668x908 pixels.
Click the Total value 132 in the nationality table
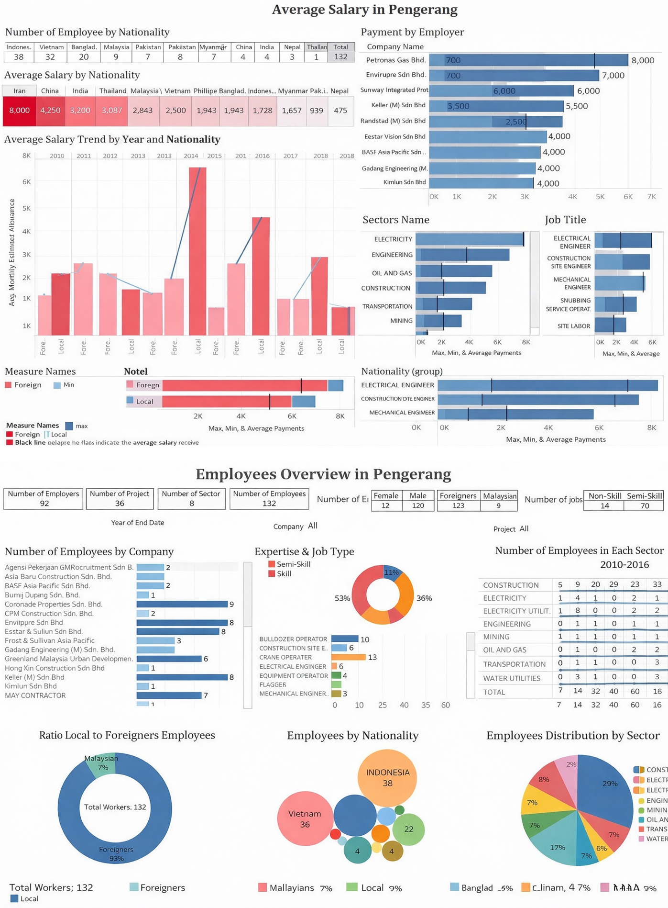tap(340, 57)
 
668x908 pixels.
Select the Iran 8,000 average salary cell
tap(19, 110)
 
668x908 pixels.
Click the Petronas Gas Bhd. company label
tap(395, 60)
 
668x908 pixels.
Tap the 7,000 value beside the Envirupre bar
tap(613, 76)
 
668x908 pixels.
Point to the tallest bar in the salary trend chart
tap(197, 251)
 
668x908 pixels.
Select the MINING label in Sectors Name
tap(401, 321)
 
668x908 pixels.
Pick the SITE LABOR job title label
tap(573, 326)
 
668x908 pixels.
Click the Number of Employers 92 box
tap(44, 499)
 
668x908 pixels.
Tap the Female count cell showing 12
tap(385, 505)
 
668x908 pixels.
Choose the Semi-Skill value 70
tap(644, 506)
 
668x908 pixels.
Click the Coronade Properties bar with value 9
tap(182, 605)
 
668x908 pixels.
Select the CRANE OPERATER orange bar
tap(348, 657)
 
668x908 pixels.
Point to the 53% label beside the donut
tap(342, 598)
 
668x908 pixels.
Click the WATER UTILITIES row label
tap(511, 678)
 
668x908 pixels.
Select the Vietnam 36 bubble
tap(305, 819)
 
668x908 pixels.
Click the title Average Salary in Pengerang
tap(364, 10)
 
